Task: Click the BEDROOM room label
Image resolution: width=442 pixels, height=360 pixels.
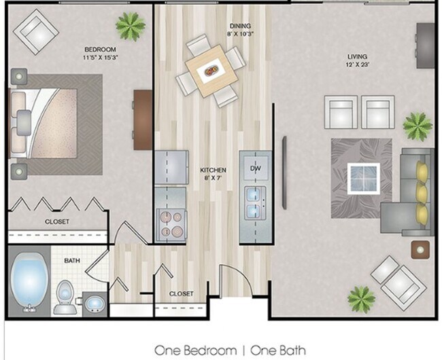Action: (x=100, y=50)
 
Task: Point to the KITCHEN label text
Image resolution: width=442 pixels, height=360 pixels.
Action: (x=212, y=170)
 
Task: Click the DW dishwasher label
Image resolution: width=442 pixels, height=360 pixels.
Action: (x=255, y=168)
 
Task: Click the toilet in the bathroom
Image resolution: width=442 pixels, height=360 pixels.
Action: (x=65, y=297)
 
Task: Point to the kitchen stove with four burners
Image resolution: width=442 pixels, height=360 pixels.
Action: (x=170, y=224)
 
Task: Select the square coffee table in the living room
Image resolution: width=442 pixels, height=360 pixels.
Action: (x=363, y=178)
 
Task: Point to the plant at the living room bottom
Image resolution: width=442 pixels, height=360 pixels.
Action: (x=361, y=298)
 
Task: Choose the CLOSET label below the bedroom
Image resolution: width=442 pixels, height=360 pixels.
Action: (x=57, y=221)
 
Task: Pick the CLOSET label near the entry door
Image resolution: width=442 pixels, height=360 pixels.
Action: (x=181, y=294)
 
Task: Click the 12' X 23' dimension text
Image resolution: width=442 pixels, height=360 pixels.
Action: (x=356, y=66)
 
